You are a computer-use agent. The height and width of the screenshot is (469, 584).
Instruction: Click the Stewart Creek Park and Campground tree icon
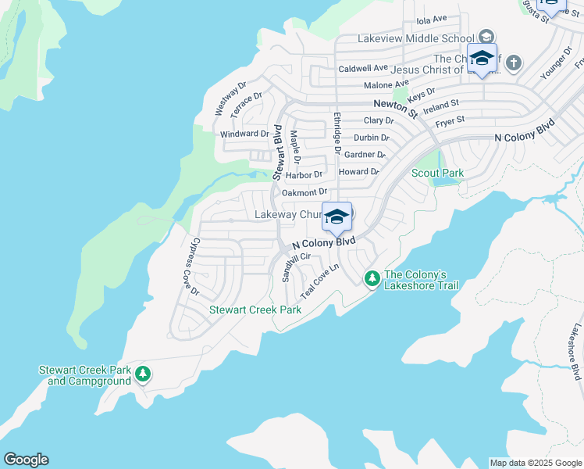click(x=142, y=374)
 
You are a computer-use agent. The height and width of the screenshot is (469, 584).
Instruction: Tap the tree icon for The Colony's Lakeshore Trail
click(x=372, y=278)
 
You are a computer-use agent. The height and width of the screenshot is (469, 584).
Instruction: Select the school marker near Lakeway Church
click(x=337, y=217)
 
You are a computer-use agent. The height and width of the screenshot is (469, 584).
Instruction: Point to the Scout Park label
click(x=437, y=173)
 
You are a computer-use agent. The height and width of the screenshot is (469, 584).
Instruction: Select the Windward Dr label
click(x=244, y=134)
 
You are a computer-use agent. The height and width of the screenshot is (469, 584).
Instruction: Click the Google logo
click(x=26, y=460)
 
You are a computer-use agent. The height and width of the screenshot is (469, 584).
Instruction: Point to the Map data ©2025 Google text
click(x=536, y=463)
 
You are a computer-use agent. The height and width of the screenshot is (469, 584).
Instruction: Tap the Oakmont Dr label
click(x=304, y=192)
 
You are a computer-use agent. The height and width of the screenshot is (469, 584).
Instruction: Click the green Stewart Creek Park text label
click(x=255, y=310)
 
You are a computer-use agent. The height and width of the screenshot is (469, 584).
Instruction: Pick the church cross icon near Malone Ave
click(x=513, y=62)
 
